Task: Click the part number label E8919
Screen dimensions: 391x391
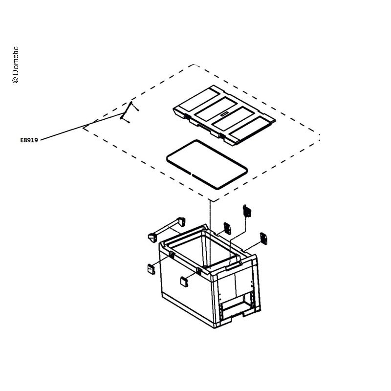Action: [29, 140]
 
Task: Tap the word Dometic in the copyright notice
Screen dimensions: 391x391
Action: [15, 61]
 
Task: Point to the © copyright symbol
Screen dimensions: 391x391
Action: [15, 80]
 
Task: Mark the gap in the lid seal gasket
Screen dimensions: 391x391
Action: [191, 174]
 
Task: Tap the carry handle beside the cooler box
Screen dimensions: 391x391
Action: [167, 228]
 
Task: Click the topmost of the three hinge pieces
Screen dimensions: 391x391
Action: [247, 211]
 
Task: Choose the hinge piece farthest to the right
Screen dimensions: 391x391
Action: [263, 239]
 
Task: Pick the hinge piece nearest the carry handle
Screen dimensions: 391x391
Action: [227, 228]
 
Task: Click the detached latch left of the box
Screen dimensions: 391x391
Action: [151, 269]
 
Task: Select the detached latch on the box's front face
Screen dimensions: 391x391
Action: [184, 282]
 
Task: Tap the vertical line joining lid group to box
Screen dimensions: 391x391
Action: [210, 235]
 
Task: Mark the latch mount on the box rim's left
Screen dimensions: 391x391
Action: [172, 254]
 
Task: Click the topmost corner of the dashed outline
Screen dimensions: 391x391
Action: [194, 65]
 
